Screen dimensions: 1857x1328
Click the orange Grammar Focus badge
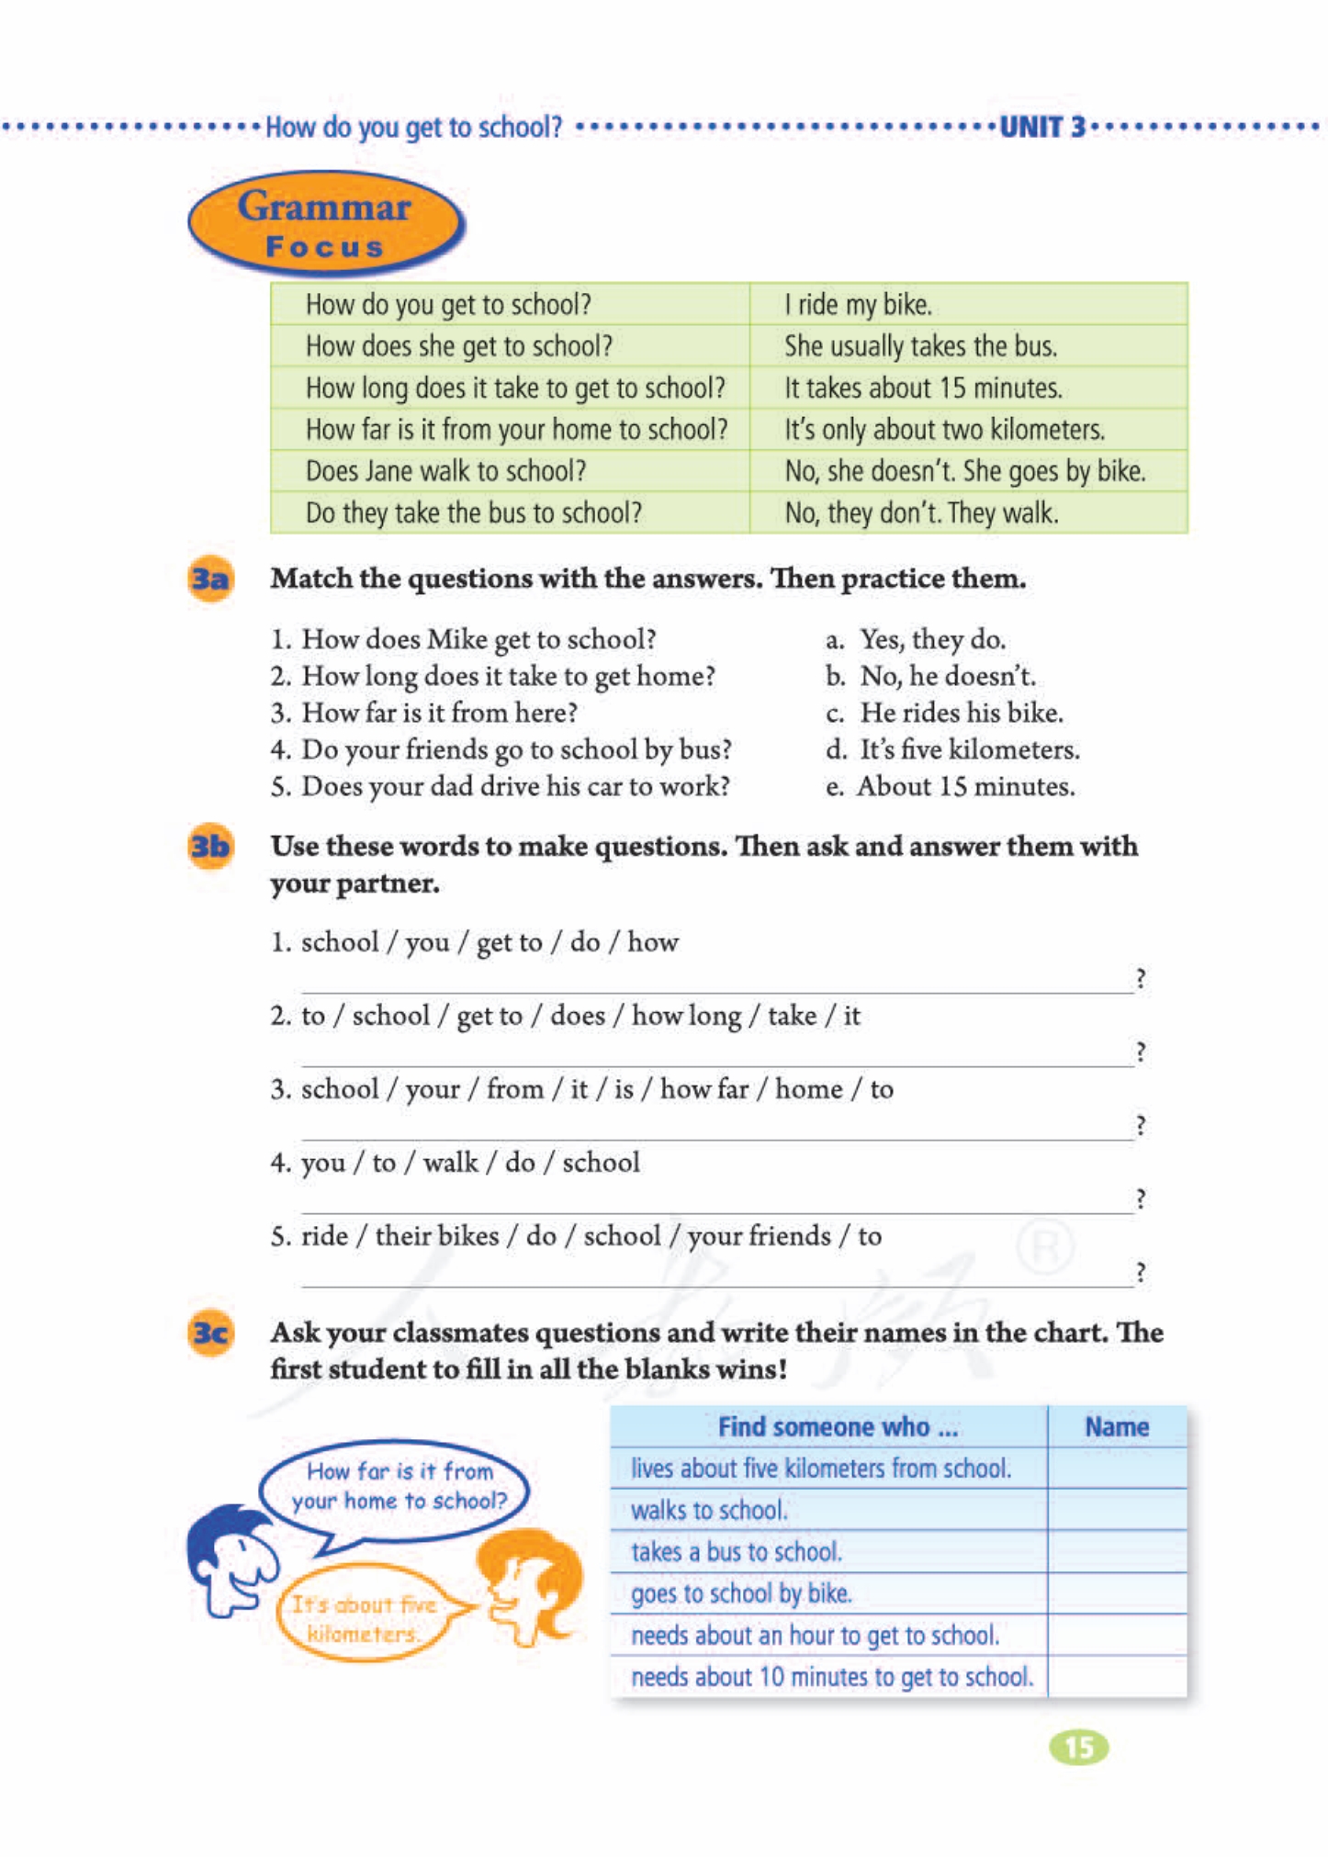coord(325,224)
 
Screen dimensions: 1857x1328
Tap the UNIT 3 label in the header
coord(1041,127)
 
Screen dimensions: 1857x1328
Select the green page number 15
coord(1078,1747)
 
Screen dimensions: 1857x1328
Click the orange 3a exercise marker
coord(210,580)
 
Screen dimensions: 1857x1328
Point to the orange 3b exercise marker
coord(210,846)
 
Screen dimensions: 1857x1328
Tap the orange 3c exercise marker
coord(210,1333)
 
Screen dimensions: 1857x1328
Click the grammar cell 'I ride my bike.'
coord(858,305)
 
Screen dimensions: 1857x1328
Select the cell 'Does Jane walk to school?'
coord(445,471)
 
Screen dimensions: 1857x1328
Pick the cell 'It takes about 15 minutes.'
coord(922,388)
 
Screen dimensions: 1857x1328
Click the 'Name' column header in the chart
coord(1116,1426)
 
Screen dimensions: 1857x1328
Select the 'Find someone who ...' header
coord(837,1426)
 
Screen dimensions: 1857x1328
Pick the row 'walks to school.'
coord(709,1510)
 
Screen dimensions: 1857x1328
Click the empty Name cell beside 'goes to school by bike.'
coord(1116,1593)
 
